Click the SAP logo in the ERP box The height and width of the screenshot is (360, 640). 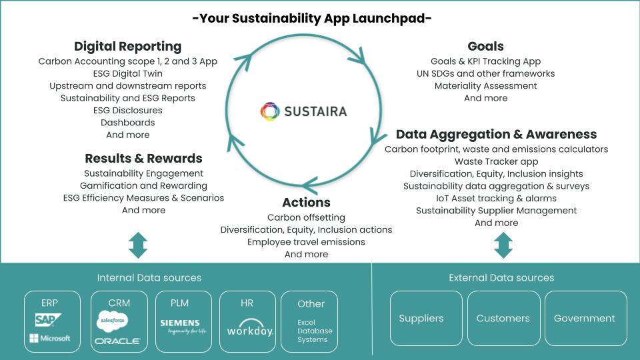click(x=48, y=319)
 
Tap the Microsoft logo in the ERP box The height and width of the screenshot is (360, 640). click(x=50, y=338)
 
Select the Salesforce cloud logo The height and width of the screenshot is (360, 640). click(x=112, y=321)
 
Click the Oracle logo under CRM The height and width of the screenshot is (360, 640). click(x=117, y=341)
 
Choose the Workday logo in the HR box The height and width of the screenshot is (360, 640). click(x=250, y=328)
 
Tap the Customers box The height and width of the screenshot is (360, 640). click(x=504, y=319)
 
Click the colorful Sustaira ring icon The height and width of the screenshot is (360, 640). click(x=270, y=111)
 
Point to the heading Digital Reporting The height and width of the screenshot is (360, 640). click(x=128, y=47)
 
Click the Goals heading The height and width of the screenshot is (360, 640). click(x=486, y=46)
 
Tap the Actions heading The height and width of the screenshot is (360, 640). click(x=306, y=203)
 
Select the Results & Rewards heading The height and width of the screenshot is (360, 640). click(x=144, y=159)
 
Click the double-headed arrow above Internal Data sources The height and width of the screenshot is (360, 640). click(x=138, y=245)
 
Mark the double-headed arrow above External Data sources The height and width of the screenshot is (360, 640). click(x=503, y=245)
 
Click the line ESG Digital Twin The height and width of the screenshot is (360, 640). click(x=128, y=73)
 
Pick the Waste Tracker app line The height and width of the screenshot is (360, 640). click(x=496, y=161)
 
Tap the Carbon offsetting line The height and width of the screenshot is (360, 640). click(x=306, y=217)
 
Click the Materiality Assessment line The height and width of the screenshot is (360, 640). click(x=486, y=86)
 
